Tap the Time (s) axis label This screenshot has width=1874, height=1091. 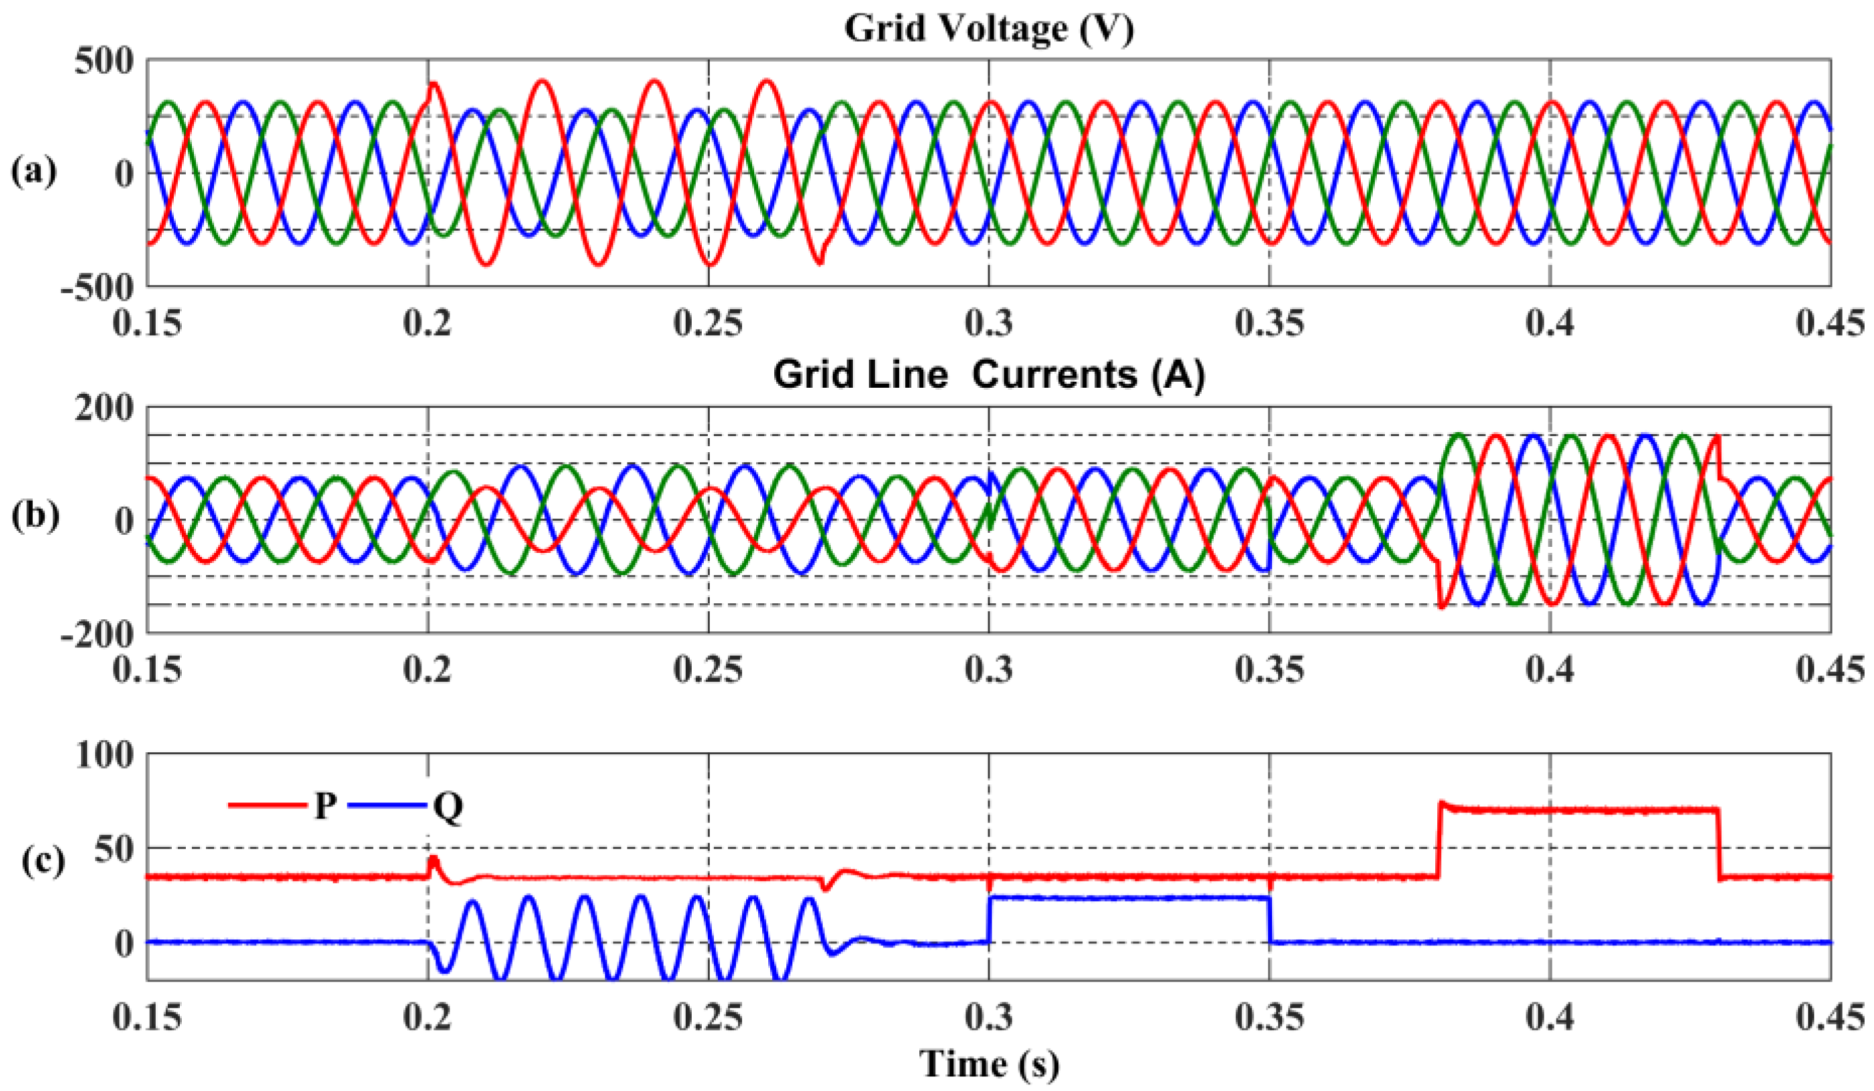click(989, 1063)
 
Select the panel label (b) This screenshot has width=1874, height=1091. click(34, 519)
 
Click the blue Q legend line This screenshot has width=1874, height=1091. click(388, 804)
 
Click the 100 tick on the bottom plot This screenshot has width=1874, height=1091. click(104, 756)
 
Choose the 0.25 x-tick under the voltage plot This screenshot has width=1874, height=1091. click(708, 324)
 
